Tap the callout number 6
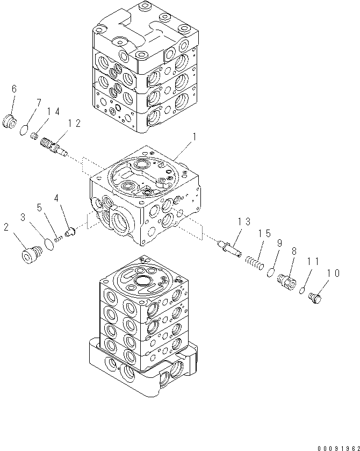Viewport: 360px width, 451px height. pos(14,88)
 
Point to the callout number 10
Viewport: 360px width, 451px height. pos(333,274)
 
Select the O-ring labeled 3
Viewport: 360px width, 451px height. pos(49,244)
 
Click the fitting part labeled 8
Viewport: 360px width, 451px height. pos(287,282)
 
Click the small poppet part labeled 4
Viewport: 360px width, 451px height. pos(69,233)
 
